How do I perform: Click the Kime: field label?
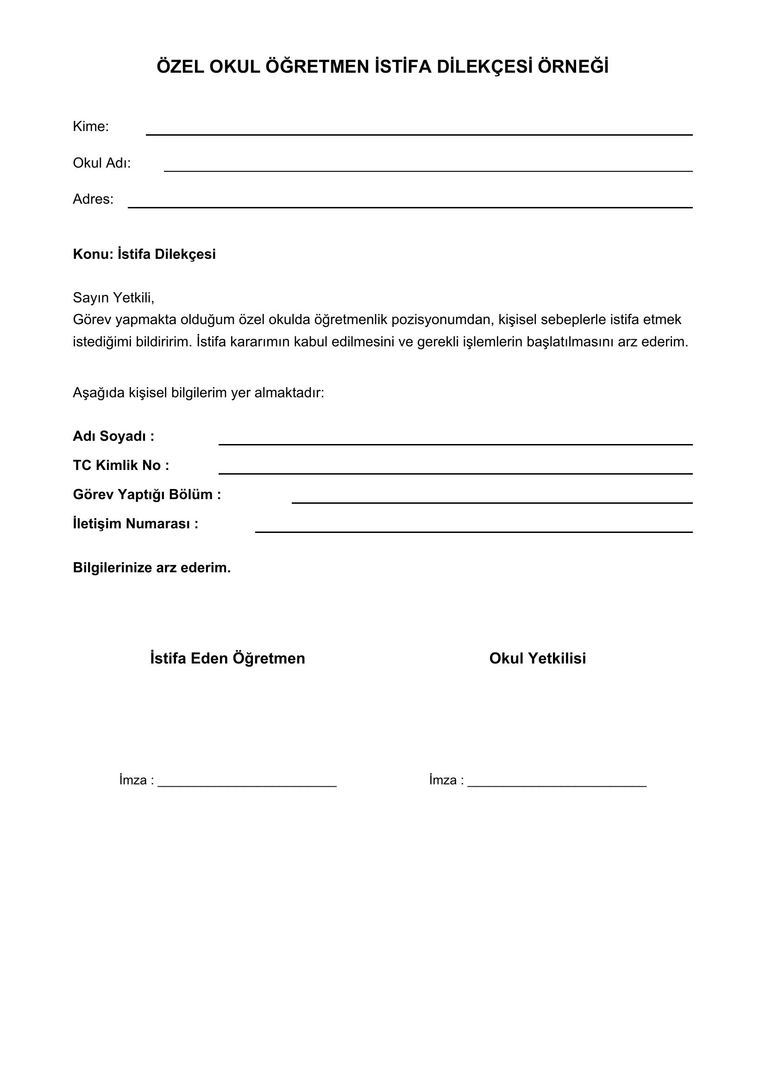pyautogui.click(x=91, y=126)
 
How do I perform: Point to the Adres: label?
pyautogui.click(x=93, y=199)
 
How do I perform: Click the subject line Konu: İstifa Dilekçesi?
pyautogui.click(x=144, y=254)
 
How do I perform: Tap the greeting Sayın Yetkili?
pyautogui.click(x=113, y=298)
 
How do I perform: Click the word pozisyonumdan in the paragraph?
pyautogui.click(x=442, y=320)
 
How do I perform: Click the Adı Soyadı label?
pyautogui.click(x=113, y=436)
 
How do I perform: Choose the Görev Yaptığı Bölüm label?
pyautogui.click(x=147, y=495)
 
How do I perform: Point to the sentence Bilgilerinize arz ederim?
pyautogui.click(x=151, y=568)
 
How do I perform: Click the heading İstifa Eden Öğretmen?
pyautogui.click(x=227, y=658)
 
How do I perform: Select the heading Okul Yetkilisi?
pyautogui.click(x=537, y=658)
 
